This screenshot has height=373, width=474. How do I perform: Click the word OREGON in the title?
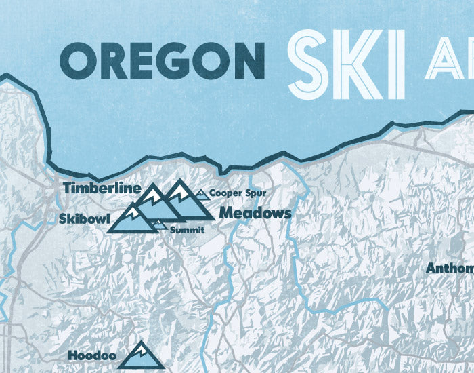[167, 60]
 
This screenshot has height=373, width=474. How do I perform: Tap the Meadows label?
[255, 213]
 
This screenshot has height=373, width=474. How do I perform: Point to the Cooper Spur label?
[233, 193]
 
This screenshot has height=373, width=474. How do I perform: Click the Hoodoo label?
[93, 355]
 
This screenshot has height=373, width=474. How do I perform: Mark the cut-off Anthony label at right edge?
[450, 268]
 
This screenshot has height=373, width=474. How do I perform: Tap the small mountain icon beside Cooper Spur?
[201, 194]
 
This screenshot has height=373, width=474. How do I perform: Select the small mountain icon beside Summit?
[159, 224]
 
